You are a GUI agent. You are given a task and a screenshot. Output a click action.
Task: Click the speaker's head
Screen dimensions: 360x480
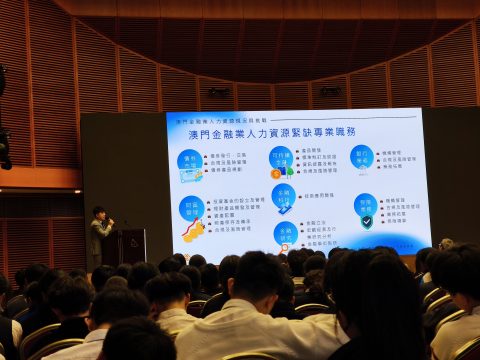click(99, 212)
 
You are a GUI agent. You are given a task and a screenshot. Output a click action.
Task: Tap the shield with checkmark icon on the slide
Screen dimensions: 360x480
click(366, 222)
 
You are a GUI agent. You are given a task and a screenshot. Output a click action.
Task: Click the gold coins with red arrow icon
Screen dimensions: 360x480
click(194, 231)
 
